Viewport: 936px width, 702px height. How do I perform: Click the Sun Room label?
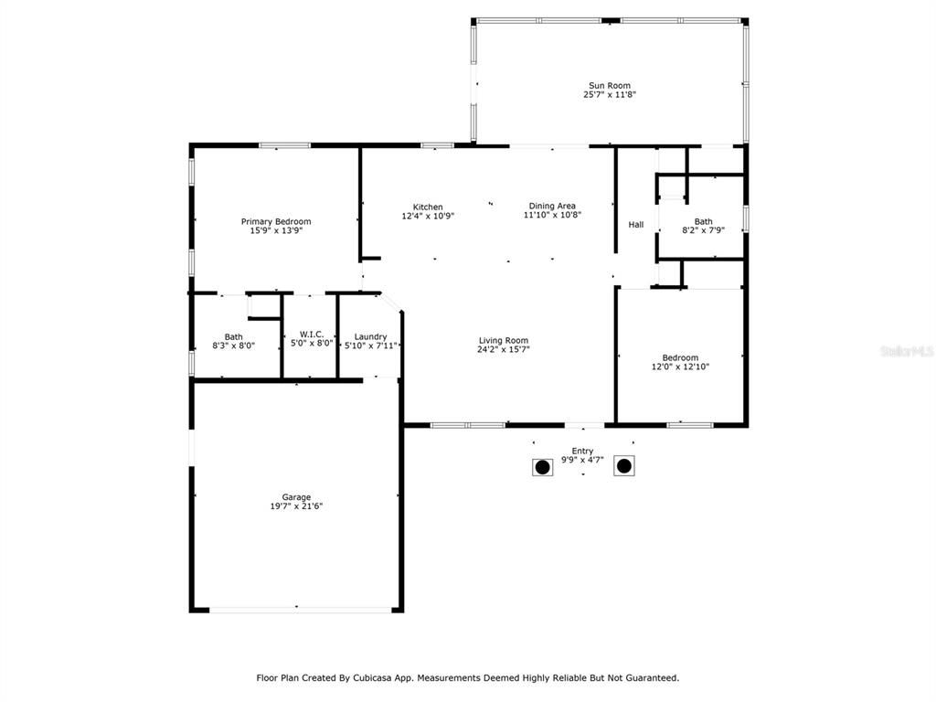coord(609,86)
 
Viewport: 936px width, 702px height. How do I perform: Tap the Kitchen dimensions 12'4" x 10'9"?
coord(428,217)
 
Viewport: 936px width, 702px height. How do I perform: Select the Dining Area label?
coord(552,206)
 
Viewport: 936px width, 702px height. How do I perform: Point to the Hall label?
coord(635,225)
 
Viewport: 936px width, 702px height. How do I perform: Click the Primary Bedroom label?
coord(275,221)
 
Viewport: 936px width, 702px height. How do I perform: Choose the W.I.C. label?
coord(312,335)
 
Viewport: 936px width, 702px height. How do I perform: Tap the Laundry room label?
coord(370,336)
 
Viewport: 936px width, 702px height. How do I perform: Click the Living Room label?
coord(503,341)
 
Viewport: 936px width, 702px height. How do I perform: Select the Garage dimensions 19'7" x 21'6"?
coord(296,506)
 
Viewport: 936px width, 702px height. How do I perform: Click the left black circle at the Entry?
coord(542,467)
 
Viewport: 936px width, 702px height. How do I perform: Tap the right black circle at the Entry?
coord(623,466)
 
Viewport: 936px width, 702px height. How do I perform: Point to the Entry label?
coord(582,451)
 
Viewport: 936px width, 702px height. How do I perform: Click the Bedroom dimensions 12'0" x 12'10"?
coord(680,367)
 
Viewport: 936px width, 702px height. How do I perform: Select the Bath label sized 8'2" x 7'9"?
coord(703,221)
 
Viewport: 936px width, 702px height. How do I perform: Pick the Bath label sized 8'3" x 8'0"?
coord(234,336)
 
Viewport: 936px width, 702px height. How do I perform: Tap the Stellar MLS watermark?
coord(906,351)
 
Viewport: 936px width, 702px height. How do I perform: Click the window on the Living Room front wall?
coord(468,425)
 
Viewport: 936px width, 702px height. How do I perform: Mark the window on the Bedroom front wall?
coord(689,425)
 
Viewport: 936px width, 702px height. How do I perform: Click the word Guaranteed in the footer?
coord(647,678)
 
